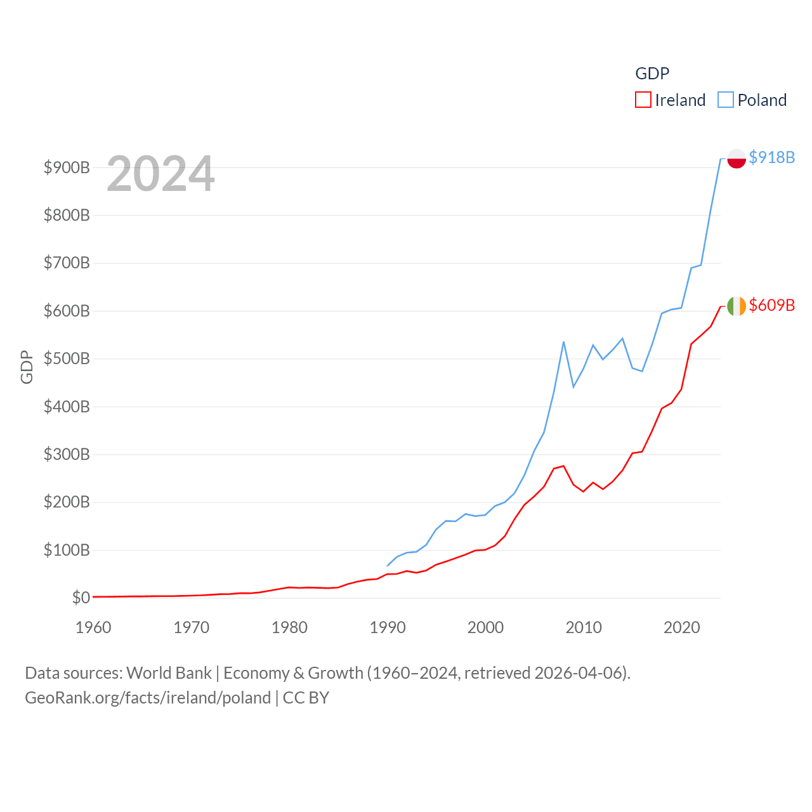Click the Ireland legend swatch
(643, 100)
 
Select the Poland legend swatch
(726, 100)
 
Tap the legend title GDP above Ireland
(652, 74)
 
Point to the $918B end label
(771, 157)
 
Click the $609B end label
(771, 305)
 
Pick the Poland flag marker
(737, 158)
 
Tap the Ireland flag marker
(737, 306)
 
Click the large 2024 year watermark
(160, 174)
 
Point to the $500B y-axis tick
(67, 359)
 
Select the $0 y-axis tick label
(81, 598)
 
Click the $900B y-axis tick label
(67, 167)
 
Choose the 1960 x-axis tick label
(93, 627)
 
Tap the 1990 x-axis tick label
(388, 627)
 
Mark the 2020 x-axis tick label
(682, 627)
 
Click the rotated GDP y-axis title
(27, 367)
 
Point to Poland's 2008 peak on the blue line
(563, 342)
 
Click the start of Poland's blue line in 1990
(388, 565)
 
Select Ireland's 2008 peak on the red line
(563, 466)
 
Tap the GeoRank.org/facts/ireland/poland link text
(148, 698)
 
